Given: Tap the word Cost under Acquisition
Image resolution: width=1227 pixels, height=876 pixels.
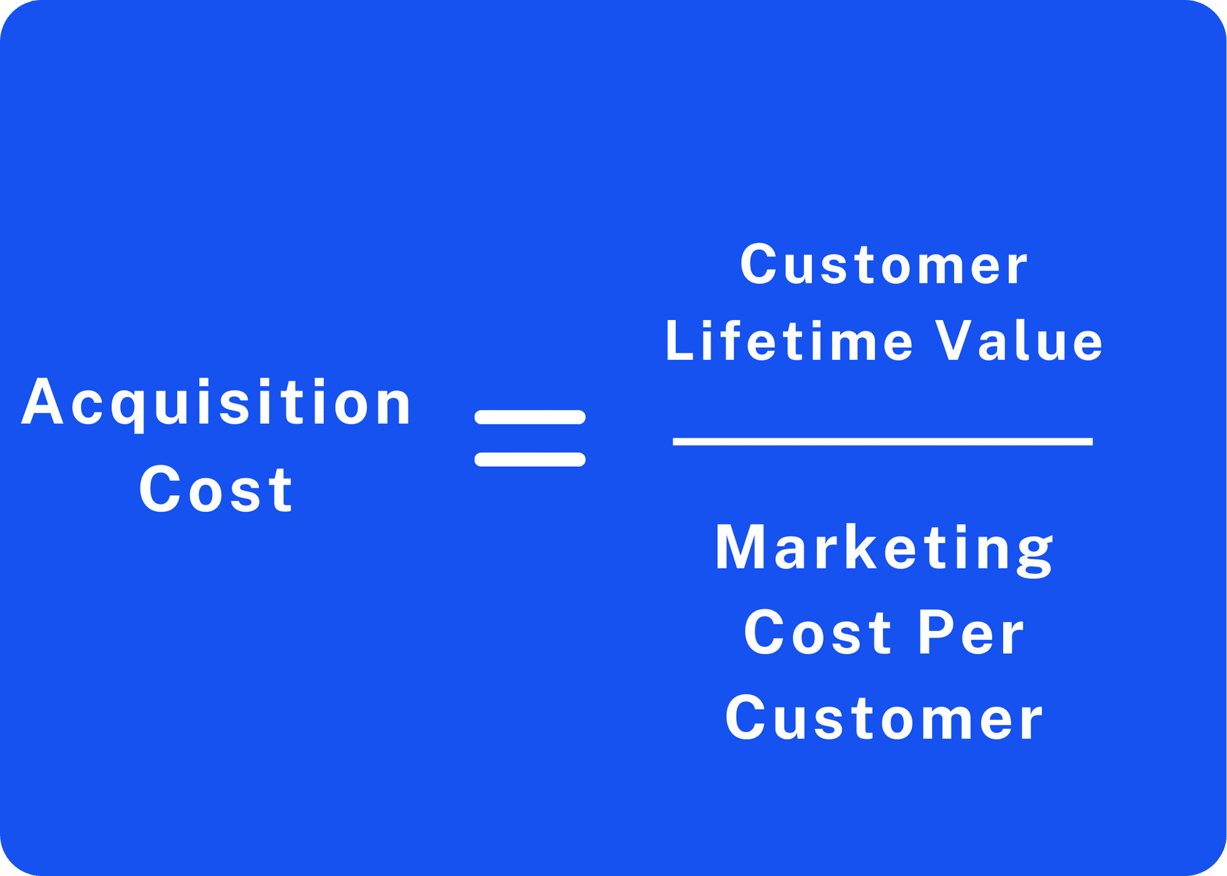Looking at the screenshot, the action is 216,489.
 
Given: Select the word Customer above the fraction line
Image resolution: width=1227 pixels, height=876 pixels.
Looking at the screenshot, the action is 883,264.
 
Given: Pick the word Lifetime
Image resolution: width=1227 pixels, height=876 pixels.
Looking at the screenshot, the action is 789,340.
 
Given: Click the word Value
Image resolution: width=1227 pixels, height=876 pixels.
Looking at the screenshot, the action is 1019,340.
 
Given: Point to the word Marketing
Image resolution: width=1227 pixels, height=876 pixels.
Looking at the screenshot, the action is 884,550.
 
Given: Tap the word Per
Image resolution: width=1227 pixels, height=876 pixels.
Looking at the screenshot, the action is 971,632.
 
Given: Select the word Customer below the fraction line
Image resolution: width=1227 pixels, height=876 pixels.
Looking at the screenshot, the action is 883,718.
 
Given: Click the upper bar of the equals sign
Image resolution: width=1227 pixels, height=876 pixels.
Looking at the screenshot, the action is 530,417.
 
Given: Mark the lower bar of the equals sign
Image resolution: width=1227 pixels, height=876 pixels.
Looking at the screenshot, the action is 530,459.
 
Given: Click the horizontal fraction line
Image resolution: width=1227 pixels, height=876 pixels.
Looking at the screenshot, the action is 883,442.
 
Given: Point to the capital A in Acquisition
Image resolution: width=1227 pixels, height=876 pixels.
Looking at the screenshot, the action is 42,401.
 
